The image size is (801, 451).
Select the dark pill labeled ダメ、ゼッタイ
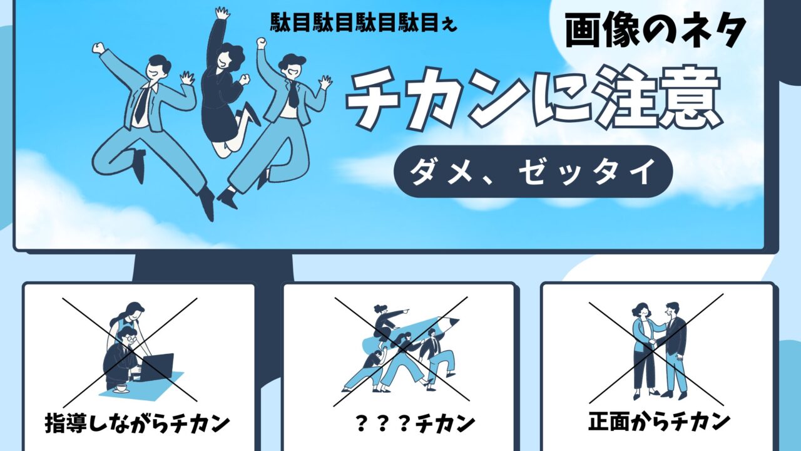[x=533, y=172]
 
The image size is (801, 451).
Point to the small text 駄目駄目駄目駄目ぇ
[x=364, y=23]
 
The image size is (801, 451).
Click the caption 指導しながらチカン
[x=137, y=423]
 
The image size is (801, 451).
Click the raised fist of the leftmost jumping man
[x=98, y=48]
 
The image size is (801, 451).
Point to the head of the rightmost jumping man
[x=292, y=68]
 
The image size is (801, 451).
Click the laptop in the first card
[x=156, y=367]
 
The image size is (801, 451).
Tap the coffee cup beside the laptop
[x=121, y=389]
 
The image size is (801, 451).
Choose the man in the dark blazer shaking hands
[x=673, y=351]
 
